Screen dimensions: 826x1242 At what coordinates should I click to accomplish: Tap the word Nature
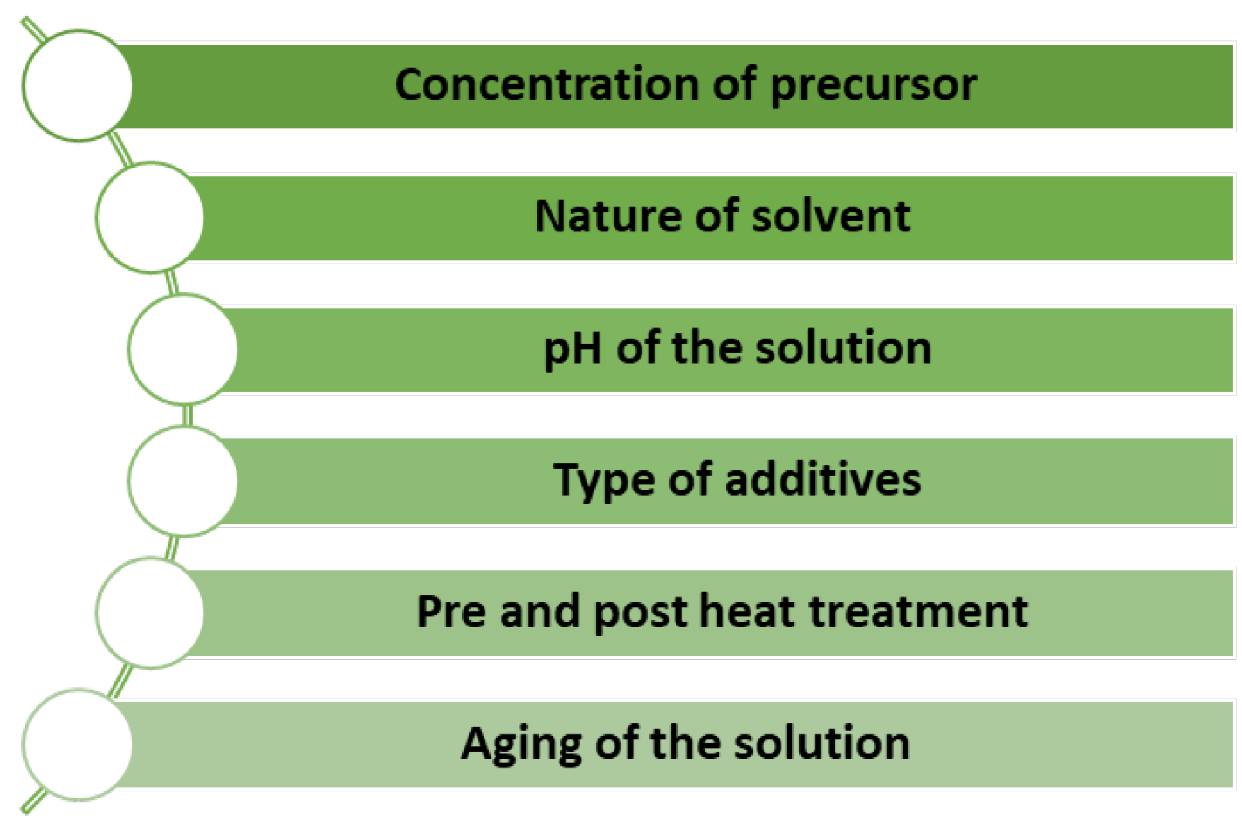(x=608, y=216)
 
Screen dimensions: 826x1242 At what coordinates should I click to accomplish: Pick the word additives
(x=823, y=480)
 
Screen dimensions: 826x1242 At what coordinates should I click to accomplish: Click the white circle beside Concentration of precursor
(x=77, y=86)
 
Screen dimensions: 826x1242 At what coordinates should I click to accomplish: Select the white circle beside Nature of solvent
(x=150, y=217)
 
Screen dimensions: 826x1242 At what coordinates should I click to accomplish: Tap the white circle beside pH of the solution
(x=183, y=349)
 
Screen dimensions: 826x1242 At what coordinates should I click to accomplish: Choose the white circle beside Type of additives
(x=183, y=481)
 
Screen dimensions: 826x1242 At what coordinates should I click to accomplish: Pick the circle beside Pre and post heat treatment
(x=150, y=613)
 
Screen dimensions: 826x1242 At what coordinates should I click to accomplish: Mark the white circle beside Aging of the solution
(x=77, y=745)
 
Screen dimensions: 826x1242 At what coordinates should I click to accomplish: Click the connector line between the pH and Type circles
(x=188, y=415)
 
